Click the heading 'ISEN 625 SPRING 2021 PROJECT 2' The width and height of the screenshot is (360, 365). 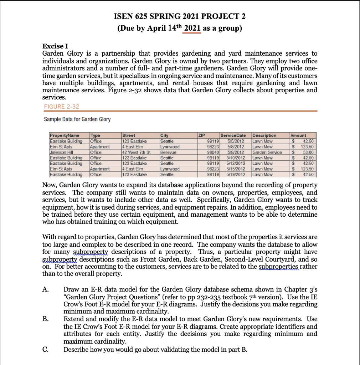click(x=180, y=16)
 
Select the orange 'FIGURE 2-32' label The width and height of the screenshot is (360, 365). click(x=61, y=107)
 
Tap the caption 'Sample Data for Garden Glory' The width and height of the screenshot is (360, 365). click(x=77, y=119)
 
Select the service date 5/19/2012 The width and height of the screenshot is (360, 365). click(x=235, y=175)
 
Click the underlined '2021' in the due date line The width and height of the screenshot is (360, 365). click(x=192, y=29)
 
